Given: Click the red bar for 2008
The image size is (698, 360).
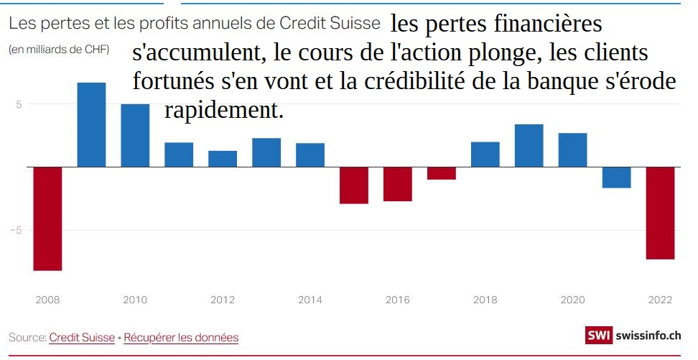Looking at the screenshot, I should click(47, 218).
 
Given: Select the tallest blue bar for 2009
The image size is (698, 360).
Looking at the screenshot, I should click(91, 124).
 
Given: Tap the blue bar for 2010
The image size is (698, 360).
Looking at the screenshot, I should click(135, 135).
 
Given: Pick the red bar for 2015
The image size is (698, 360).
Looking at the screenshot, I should click(353, 185).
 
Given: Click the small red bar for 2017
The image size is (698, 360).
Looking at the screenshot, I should click(442, 173).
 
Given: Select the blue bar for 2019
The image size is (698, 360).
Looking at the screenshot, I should click(529, 146).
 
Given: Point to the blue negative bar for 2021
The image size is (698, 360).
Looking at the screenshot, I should click(616, 177).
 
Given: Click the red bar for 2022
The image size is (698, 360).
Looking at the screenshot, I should click(660, 213).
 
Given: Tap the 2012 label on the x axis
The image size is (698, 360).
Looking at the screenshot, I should click(223, 300).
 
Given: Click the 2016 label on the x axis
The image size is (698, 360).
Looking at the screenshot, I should click(397, 300).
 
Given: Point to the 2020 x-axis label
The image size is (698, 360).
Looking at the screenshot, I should click(572, 300).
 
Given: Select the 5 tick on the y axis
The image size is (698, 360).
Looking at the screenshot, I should click(19, 103).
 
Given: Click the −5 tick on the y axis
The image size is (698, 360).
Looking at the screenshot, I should click(18, 230).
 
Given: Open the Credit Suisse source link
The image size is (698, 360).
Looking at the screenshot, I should click(82, 337).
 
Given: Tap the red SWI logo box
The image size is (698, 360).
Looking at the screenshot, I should click(598, 335).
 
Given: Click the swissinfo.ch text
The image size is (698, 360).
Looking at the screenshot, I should click(648, 335).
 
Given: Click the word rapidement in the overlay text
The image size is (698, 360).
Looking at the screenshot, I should click(224, 111).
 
